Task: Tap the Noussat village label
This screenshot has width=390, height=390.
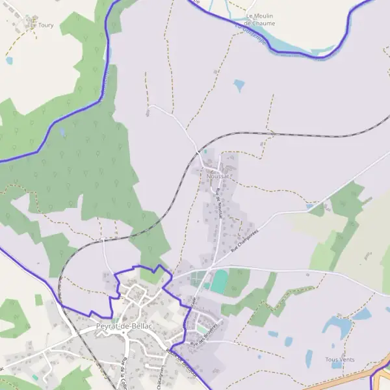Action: coord(219,175)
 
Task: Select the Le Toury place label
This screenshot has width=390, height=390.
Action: coord(42,26)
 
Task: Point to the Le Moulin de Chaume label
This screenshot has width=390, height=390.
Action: coord(260,19)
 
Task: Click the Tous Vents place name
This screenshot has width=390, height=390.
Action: coord(340,359)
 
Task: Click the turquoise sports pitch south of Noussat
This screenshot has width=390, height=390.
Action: coord(220,281)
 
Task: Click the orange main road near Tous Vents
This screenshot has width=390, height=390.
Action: coord(351,379)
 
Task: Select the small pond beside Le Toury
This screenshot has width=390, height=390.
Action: coord(9,60)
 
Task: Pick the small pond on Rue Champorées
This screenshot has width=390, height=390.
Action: coord(309,207)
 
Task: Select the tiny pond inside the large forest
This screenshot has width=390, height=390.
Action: coord(62,132)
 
